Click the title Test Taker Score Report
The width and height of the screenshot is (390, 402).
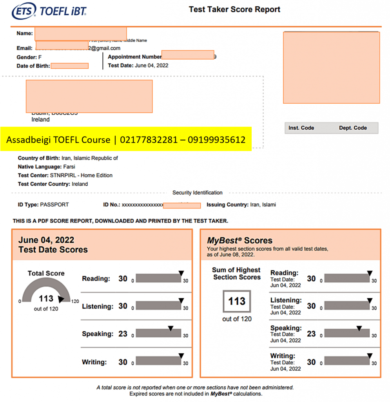[x=234, y=9]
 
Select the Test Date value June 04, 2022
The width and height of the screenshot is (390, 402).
[x=151, y=66]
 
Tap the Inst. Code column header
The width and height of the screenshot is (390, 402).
[x=301, y=128]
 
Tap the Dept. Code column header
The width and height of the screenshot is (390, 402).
[x=353, y=128]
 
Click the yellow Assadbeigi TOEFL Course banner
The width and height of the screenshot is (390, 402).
[x=126, y=139]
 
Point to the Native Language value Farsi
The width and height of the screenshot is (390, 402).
[x=69, y=167]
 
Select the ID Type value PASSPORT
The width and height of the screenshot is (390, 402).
[x=54, y=205]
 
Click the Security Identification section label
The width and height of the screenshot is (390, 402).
[x=197, y=193]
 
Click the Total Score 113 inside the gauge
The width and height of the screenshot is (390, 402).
[x=46, y=299]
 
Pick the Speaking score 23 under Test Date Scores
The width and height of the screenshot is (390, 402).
[x=123, y=334]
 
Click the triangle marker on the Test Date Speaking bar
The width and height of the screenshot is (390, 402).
[x=171, y=328]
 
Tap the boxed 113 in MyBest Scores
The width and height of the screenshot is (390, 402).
[x=237, y=301]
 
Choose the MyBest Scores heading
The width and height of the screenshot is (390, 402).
[x=239, y=240]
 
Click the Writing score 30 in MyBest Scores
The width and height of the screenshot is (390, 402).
[x=311, y=362]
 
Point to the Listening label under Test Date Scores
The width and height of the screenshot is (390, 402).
[x=97, y=306]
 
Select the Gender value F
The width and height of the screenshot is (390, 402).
[x=40, y=57]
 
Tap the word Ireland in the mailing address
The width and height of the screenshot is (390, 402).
[x=40, y=119]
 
